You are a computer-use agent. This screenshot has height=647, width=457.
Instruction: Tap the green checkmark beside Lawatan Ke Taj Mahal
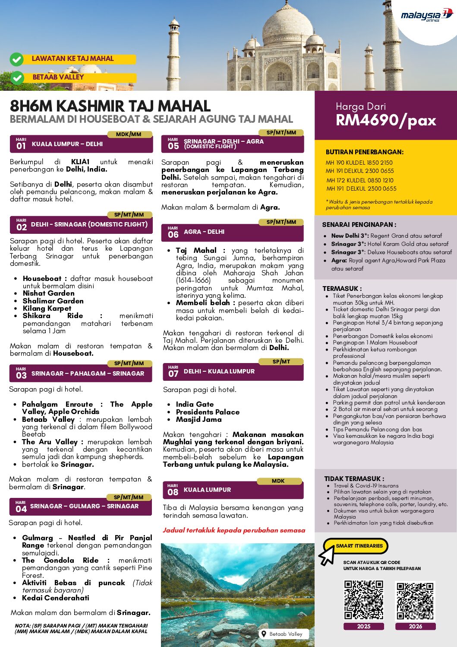tap(17, 59)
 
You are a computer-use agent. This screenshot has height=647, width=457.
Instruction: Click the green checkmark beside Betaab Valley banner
tap(17, 78)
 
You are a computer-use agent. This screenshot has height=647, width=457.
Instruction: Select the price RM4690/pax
tap(386, 120)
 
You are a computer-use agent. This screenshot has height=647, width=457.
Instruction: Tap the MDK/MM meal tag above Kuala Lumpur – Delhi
tap(129, 134)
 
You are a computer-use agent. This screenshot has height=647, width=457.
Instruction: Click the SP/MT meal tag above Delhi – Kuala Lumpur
tap(281, 362)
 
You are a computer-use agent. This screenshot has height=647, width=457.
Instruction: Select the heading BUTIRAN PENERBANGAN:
tap(365, 152)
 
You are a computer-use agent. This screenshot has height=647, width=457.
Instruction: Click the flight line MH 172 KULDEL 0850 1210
tap(360, 180)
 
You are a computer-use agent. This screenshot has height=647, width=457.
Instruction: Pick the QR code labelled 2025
tap(364, 600)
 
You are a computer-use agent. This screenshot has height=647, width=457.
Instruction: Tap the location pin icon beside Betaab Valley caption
tap(264, 634)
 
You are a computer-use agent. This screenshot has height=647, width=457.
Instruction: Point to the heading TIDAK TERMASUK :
tap(354, 478)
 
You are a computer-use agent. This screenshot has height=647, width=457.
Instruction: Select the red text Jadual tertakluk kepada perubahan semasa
tap(234, 530)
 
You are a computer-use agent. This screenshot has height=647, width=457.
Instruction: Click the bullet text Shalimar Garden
tap(53, 301)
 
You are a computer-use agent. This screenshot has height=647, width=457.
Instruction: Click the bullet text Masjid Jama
tap(199, 419)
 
